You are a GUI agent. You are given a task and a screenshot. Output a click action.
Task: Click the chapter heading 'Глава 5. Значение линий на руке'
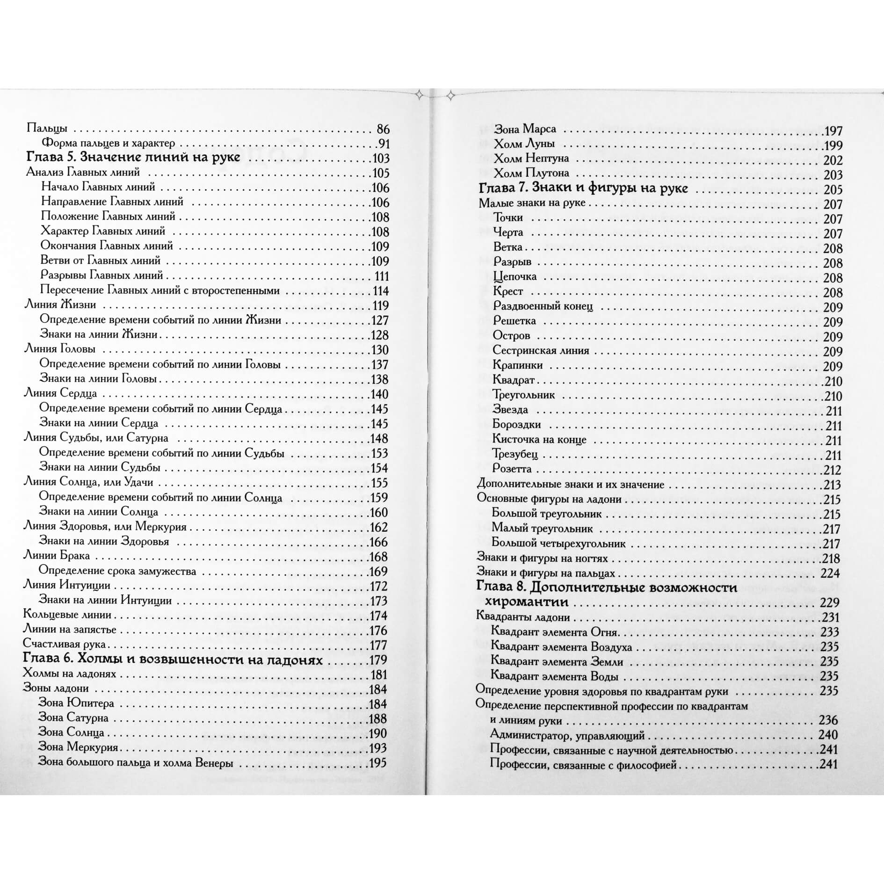(133, 157)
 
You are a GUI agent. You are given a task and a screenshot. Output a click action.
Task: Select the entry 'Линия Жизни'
(60, 305)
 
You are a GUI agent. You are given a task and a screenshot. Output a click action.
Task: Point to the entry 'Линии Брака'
(57, 556)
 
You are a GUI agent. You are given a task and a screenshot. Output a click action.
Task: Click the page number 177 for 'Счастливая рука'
(378, 645)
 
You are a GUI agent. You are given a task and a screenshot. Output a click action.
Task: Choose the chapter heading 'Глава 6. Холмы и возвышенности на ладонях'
(173, 659)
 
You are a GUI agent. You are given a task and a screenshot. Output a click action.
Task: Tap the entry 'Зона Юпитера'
(76, 703)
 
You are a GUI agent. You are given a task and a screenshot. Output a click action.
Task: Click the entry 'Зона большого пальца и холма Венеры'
(136, 763)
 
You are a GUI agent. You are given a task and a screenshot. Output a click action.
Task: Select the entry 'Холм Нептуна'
(531, 159)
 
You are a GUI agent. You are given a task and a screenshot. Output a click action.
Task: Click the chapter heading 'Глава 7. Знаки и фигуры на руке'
(583, 188)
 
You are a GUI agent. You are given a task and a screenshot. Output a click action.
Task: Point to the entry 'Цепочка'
(515, 276)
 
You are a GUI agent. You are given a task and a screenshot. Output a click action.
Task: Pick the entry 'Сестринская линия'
(541, 350)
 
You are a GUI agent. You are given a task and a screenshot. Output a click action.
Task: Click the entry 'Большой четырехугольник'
(558, 543)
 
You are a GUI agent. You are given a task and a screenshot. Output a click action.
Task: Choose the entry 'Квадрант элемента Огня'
(554, 632)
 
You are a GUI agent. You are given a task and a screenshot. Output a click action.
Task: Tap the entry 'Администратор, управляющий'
(567, 736)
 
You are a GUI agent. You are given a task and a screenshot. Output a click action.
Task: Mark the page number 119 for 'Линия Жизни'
(380, 305)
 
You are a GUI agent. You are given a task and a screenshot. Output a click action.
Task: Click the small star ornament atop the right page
(451, 96)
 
